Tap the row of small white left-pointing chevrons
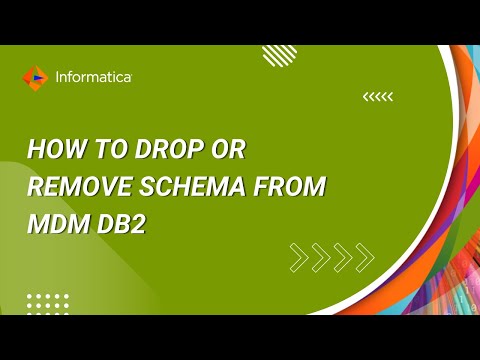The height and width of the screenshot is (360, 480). (x=378, y=96)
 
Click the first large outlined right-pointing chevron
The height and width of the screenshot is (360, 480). (x=299, y=257)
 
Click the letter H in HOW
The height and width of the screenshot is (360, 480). (x=35, y=151)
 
